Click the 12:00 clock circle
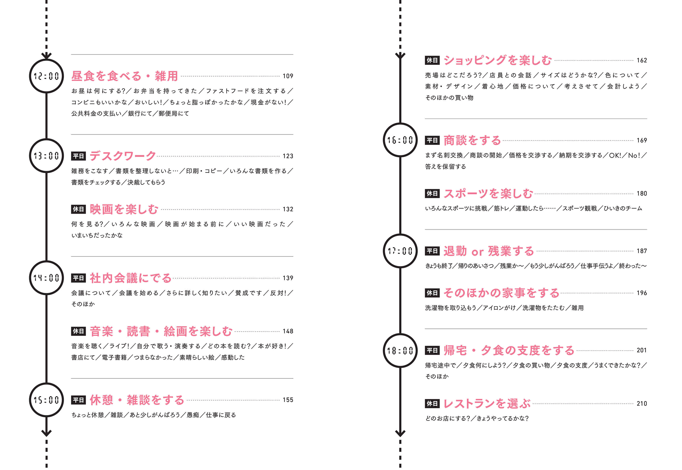[x=46, y=76]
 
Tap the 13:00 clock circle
[x=46, y=156]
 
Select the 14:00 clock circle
[x=46, y=278]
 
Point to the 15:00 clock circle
[x=46, y=400]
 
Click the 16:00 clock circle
[x=400, y=140]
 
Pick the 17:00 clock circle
[x=400, y=251]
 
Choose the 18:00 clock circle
[x=400, y=351]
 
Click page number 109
[x=288, y=76]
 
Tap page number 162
[x=642, y=61]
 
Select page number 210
[x=642, y=404]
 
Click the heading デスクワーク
[x=123, y=156]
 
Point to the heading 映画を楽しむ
[x=124, y=209]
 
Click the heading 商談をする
[x=472, y=140]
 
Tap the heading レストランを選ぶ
[x=487, y=404]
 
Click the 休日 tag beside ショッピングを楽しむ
[x=432, y=60]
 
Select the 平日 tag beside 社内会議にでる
[x=78, y=278]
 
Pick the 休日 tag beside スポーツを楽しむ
[x=432, y=194]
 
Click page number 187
[x=642, y=251]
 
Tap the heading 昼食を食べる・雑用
[x=125, y=76]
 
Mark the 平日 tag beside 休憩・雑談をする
[x=78, y=400]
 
